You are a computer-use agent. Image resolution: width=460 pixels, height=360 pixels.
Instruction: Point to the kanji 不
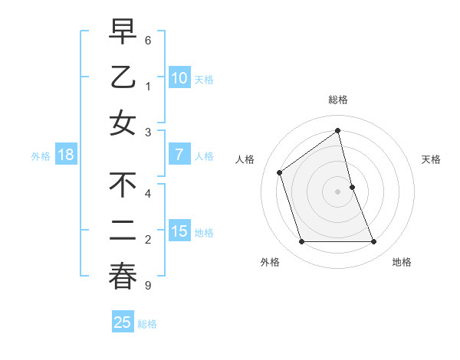123,186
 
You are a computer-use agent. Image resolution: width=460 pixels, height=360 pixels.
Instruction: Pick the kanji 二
123,231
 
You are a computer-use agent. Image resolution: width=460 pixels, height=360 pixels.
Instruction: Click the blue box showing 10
179,78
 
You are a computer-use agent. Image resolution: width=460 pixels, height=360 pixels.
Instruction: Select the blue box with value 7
179,155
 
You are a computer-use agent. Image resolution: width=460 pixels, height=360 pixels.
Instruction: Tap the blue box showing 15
179,231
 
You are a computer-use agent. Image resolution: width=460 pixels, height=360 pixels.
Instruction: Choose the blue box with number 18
66,155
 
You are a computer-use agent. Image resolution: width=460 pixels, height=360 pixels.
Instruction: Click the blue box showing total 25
122,322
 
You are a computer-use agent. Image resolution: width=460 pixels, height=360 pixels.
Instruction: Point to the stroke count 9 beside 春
148,286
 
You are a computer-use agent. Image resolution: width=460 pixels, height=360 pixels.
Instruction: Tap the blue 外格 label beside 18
40,155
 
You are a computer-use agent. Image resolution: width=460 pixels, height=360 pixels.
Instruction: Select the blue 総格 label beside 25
147,323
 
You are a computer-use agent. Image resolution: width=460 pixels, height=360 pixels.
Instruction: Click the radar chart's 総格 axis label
337,100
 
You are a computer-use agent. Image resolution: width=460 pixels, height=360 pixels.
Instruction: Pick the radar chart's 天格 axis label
432,159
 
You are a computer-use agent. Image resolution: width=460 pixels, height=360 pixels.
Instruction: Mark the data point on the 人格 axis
280,172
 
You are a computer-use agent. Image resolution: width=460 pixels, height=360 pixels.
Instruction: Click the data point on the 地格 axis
373,242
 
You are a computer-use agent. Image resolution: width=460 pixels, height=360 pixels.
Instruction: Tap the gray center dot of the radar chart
337,191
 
